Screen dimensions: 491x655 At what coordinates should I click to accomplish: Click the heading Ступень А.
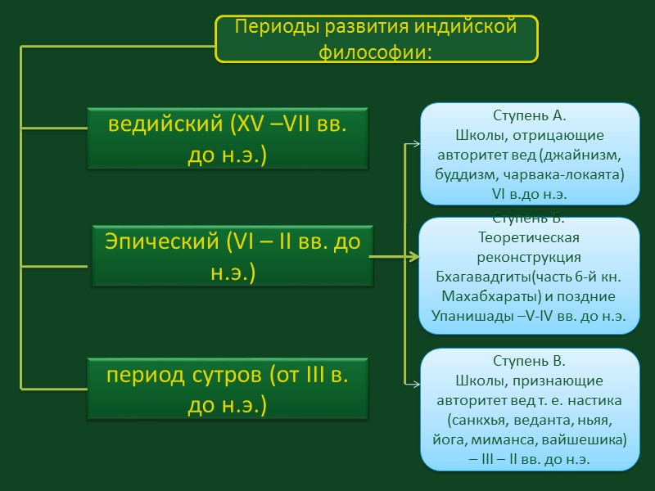pyautogui.click(x=530, y=115)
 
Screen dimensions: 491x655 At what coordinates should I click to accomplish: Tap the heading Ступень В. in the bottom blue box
pyautogui.click(x=530, y=361)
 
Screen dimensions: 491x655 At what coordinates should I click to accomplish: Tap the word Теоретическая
pyautogui.click(x=529, y=237)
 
